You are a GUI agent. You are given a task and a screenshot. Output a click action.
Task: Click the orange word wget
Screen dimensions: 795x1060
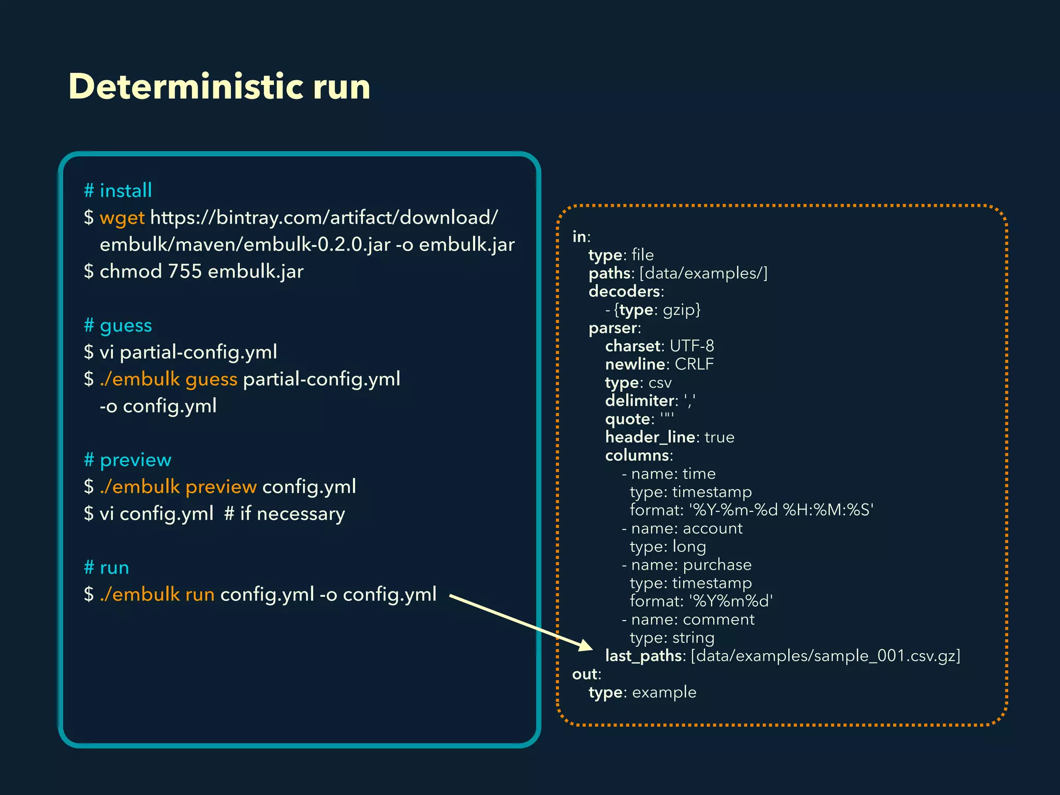pyautogui.click(x=122, y=218)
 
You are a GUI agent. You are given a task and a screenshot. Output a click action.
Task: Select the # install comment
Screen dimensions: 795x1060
pyautogui.click(x=118, y=190)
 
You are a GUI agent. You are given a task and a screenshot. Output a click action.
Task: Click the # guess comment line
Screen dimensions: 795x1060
pyautogui.click(x=118, y=326)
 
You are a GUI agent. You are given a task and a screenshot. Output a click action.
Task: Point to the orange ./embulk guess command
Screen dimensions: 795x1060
pyautogui.click(x=168, y=379)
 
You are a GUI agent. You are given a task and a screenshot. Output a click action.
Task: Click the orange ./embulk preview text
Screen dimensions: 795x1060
pyautogui.click(x=178, y=487)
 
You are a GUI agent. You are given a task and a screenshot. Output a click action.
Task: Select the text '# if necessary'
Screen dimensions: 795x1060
pyautogui.click(x=285, y=514)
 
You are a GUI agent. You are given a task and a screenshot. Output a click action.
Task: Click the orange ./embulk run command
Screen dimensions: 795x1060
pyautogui.click(x=157, y=595)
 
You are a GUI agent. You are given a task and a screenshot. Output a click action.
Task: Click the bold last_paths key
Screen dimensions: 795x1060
pyautogui.click(x=643, y=656)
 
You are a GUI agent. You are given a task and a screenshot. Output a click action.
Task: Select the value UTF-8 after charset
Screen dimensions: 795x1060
pyautogui.click(x=691, y=346)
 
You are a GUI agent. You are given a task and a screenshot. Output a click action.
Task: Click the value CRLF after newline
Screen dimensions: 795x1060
pyautogui.click(x=694, y=364)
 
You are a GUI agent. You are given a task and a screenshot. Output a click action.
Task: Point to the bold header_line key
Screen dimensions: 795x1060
pyautogui.click(x=650, y=437)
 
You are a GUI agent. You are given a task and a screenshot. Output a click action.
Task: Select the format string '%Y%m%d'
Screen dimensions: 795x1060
pyautogui.click(x=731, y=601)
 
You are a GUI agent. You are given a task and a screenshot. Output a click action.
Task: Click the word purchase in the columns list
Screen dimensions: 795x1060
pyautogui.click(x=717, y=565)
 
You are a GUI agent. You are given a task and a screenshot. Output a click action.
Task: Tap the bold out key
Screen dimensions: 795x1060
pyautogui.click(x=585, y=674)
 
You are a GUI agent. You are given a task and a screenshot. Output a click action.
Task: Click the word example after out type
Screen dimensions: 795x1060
pyautogui.click(x=664, y=693)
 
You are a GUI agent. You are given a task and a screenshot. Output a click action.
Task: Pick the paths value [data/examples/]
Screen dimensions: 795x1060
pyautogui.click(x=703, y=273)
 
